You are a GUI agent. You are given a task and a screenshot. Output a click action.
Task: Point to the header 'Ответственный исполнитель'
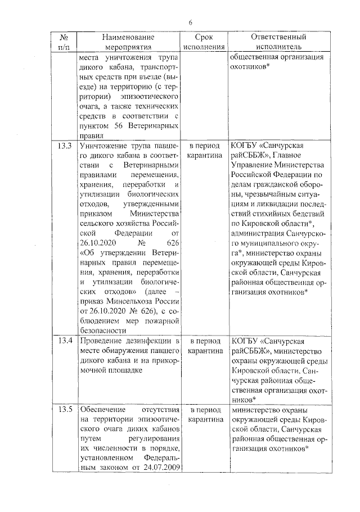click(x=278, y=42)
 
